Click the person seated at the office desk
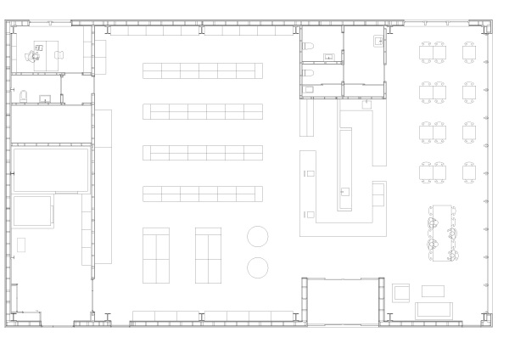click(34, 55)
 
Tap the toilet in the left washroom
click(24, 95)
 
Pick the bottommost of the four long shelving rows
click(203, 194)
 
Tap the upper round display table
click(258, 236)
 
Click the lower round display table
click(258, 267)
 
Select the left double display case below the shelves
click(156, 255)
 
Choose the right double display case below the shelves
click(208, 255)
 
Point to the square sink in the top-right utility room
click(379, 40)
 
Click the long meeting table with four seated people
click(443, 232)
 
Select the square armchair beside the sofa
click(400, 293)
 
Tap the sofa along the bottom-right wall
click(439, 309)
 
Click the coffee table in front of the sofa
click(433, 291)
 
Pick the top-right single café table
click(469, 52)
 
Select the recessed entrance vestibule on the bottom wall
click(341, 301)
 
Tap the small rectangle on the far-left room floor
click(21, 245)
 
